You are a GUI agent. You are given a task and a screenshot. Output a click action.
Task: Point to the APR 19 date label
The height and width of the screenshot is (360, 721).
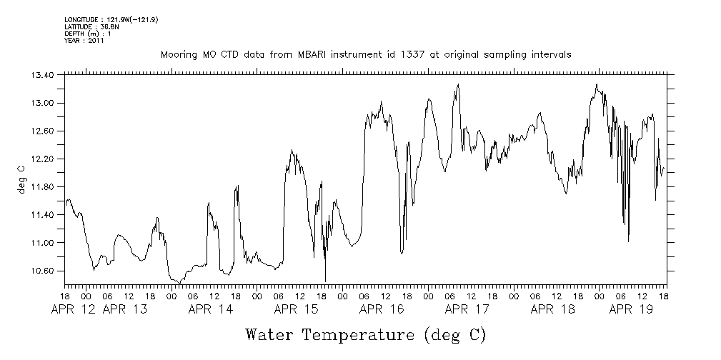click(x=630, y=309)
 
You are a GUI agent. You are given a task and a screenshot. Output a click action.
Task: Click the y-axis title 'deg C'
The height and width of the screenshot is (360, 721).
click(x=21, y=179)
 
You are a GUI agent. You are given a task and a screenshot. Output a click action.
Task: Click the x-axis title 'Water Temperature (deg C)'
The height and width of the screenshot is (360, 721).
click(x=365, y=334)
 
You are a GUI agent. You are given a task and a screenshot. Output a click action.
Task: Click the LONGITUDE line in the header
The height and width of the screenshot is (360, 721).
click(x=111, y=20)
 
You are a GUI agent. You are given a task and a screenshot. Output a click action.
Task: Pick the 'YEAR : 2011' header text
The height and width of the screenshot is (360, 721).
click(x=84, y=41)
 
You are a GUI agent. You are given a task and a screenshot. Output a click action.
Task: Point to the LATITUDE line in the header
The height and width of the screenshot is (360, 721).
click(x=91, y=27)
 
